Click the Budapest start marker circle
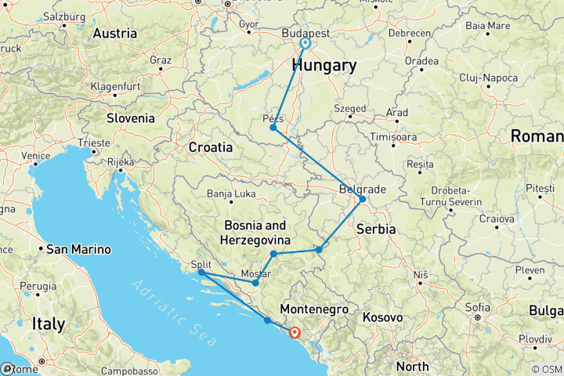coord(305,44)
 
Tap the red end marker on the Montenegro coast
coord(295,332)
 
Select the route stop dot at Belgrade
coord(362,199)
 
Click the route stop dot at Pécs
coord(273,128)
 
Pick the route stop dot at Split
coord(201,273)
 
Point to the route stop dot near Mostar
coord(255,283)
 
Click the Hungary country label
coord(326,65)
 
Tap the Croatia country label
coord(210,146)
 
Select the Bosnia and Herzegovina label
coord(255,232)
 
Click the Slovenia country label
coord(132,117)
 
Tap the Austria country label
coord(115,34)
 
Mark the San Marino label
coord(79,250)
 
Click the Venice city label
coord(34,156)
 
